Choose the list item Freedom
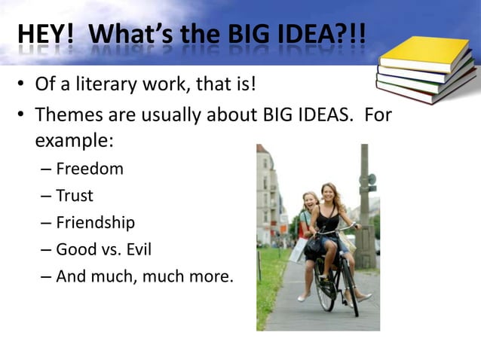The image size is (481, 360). tap(89, 169)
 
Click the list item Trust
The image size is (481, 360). tap(75, 196)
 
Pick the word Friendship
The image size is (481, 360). tap(95, 223)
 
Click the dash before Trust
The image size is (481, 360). tap(46, 197)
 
